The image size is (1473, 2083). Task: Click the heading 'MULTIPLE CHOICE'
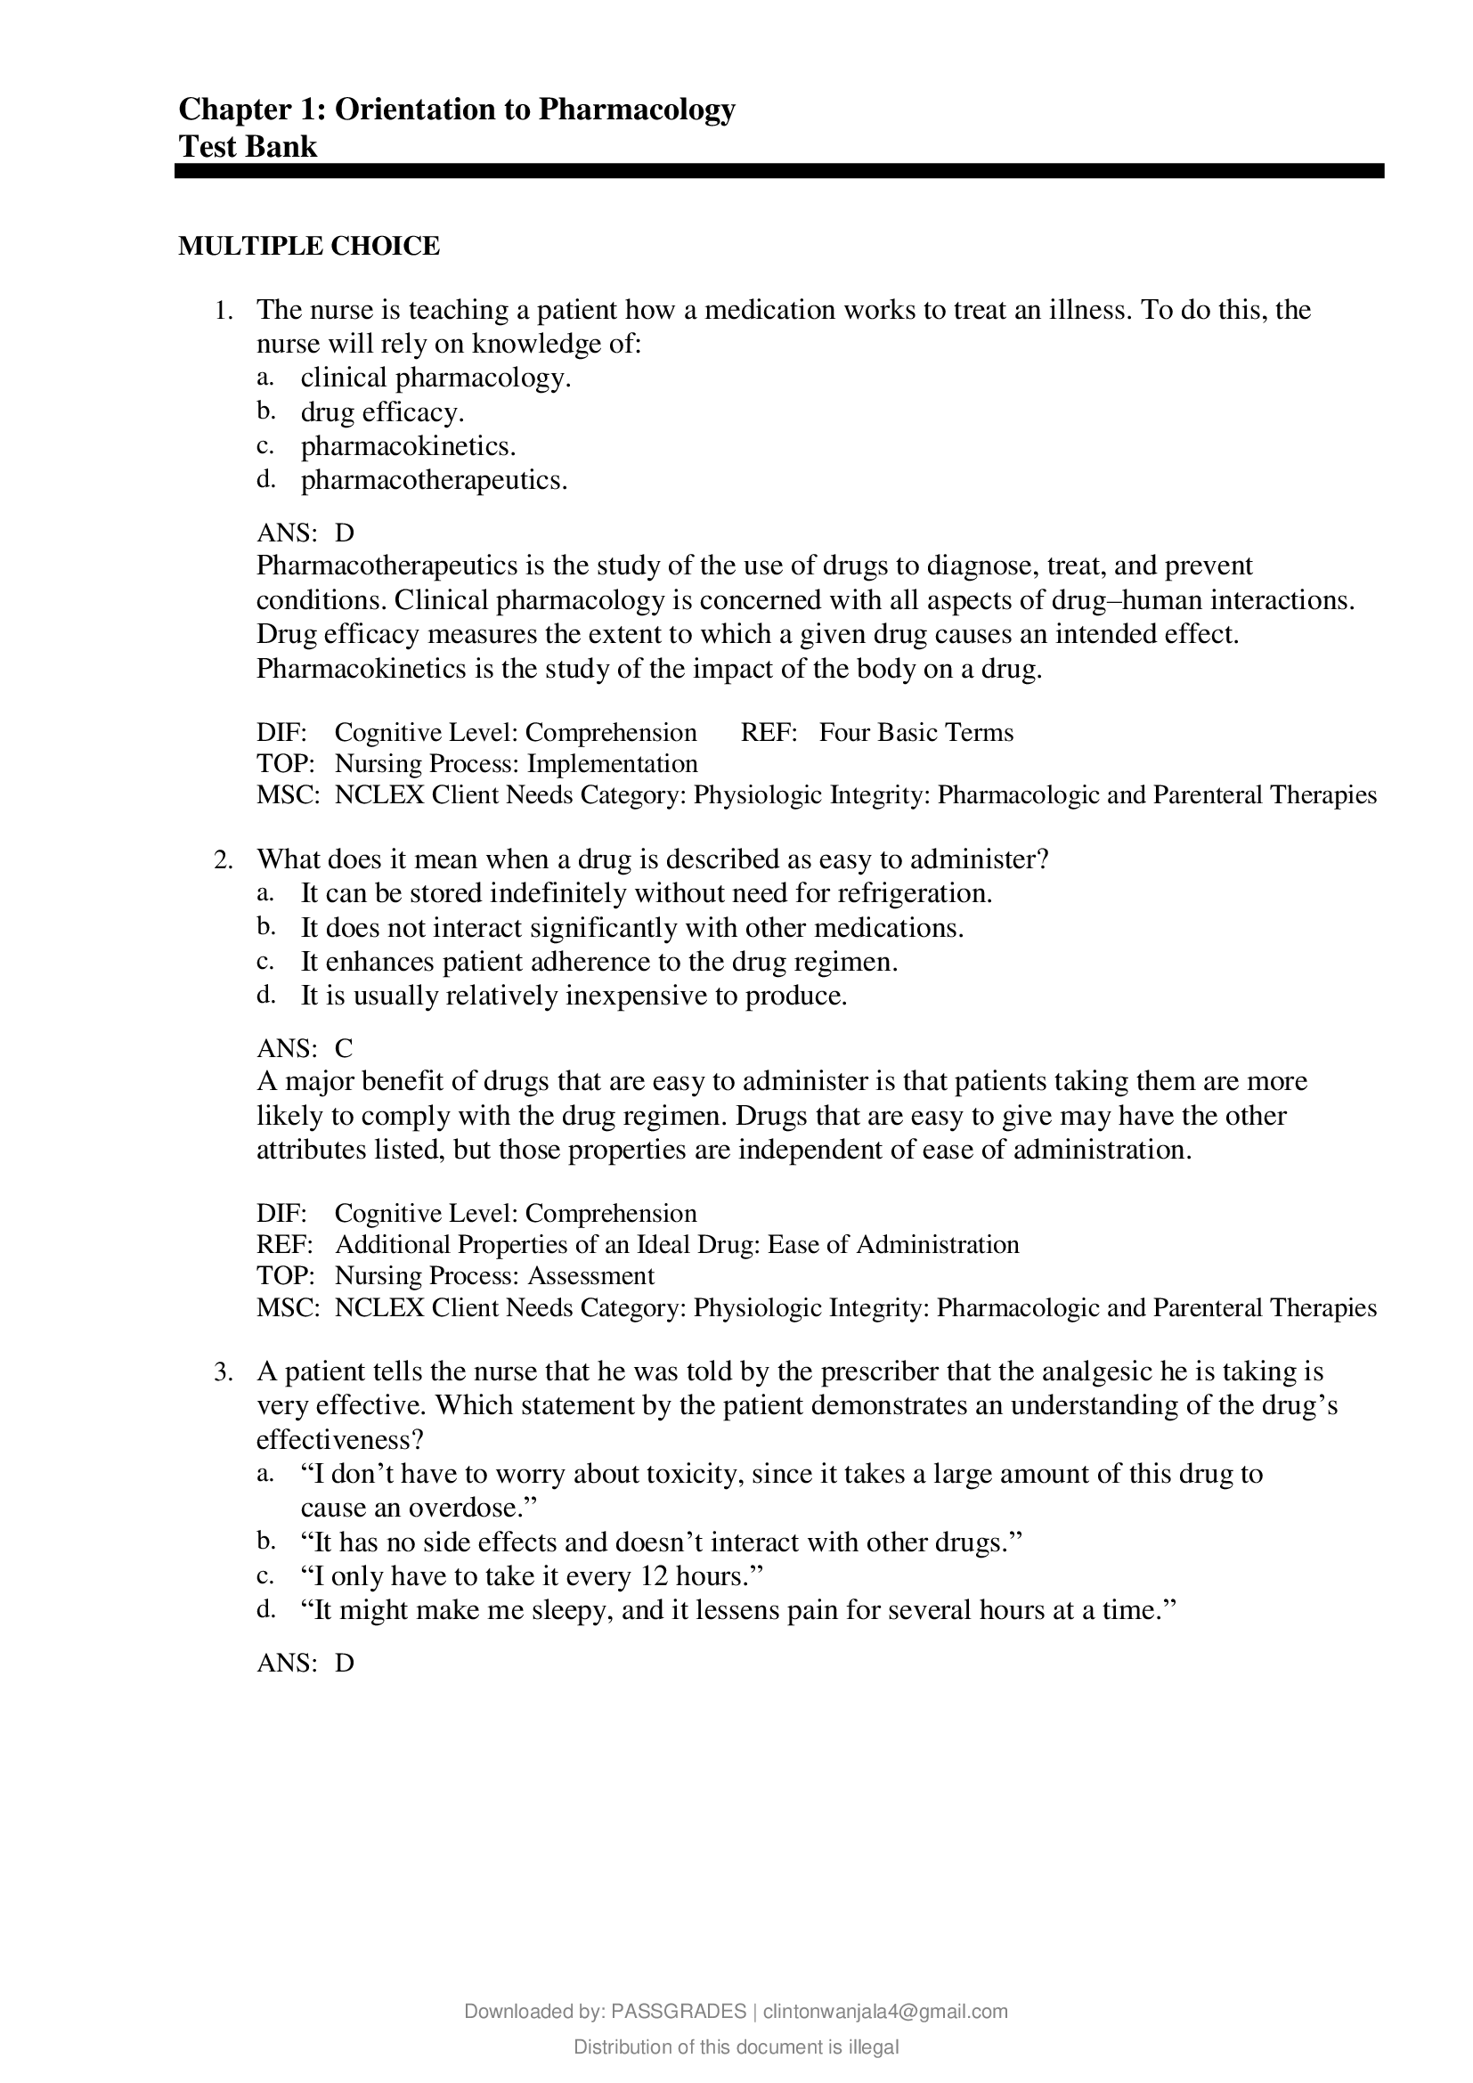[308, 246]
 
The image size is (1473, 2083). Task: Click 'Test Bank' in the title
[248, 147]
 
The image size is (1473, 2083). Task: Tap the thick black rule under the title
[778, 171]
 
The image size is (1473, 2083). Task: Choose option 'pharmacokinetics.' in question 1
[408, 446]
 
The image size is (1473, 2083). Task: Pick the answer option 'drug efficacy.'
[382, 413]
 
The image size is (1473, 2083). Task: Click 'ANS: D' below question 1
[305, 532]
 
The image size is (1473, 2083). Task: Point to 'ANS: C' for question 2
[305, 1048]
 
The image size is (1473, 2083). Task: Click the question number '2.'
[224, 859]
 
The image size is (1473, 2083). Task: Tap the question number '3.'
[224, 1371]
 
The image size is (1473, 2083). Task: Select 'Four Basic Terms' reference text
[916, 733]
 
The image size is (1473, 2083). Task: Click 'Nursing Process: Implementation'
[517, 764]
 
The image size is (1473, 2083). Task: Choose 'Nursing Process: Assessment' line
[494, 1276]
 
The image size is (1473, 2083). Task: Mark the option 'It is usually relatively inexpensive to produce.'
[574, 997]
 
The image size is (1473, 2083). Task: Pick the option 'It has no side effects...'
[661, 1542]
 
